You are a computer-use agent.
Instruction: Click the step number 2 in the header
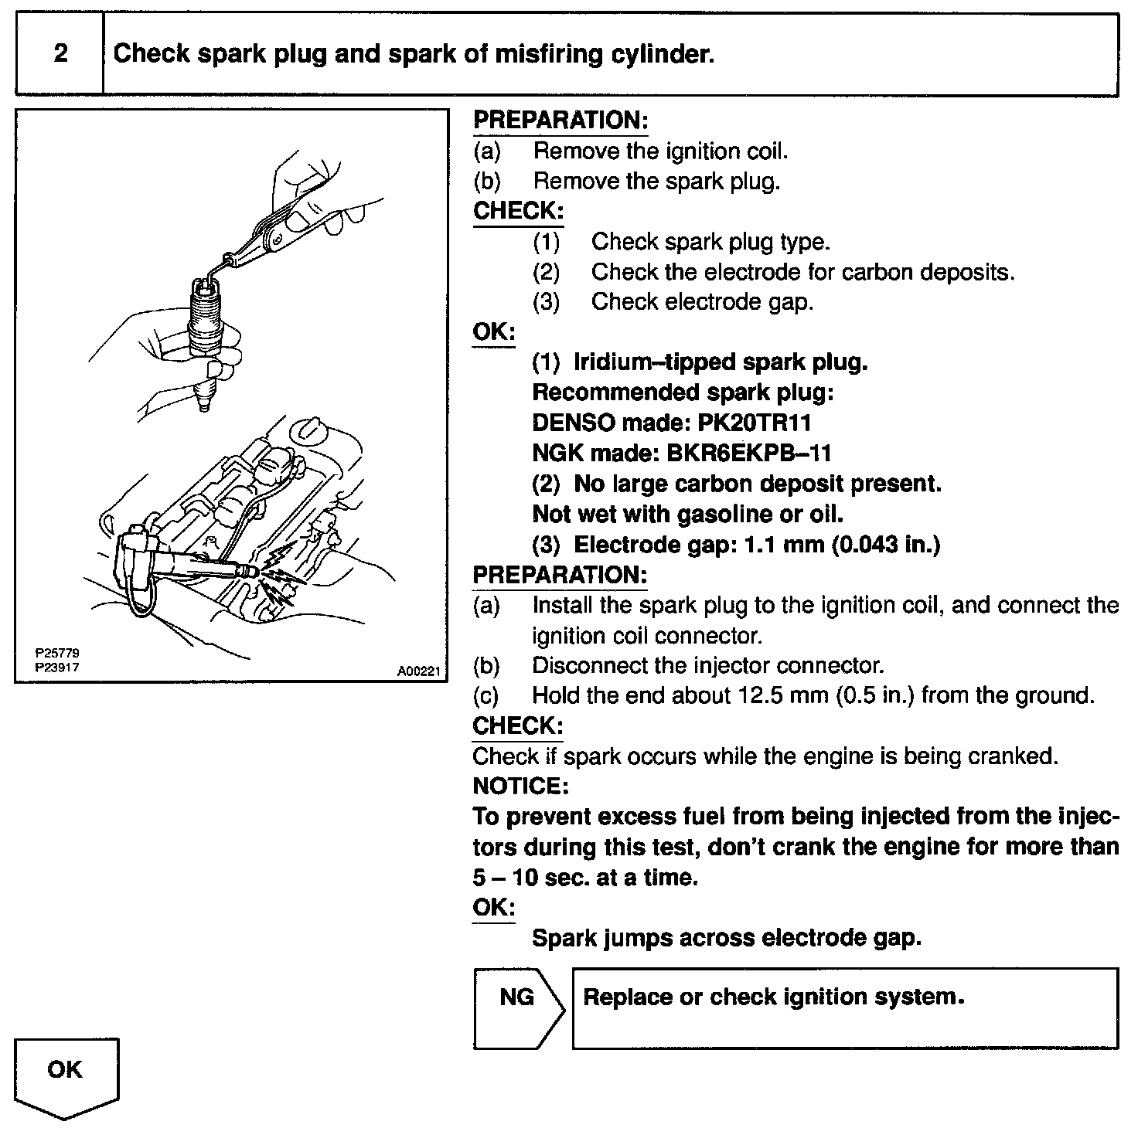(60, 53)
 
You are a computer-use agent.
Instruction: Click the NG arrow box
(517, 1007)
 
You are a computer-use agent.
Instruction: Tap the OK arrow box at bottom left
(66, 1076)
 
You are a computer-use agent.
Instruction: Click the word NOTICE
(520, 786)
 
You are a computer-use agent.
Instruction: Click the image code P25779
(58, 654)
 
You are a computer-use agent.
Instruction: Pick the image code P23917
(58, 667)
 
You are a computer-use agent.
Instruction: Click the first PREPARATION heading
(559, 121)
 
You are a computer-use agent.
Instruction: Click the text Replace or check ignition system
(773, 997)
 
